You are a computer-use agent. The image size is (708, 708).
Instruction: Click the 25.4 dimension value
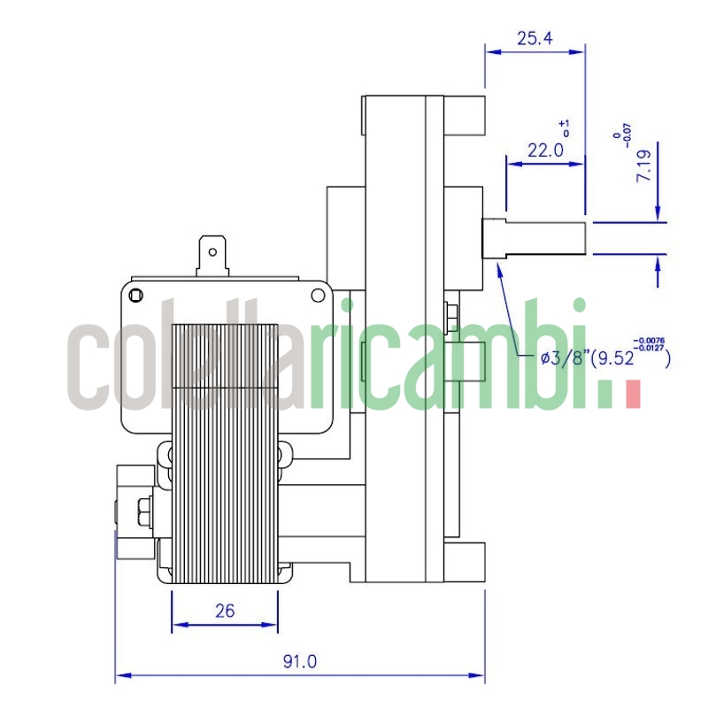pos(535,38)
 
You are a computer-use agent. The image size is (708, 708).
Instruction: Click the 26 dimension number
pos(225,611)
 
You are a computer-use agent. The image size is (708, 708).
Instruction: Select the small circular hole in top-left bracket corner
pos(135,295)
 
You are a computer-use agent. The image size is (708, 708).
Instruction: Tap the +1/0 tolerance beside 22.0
pos(566,127)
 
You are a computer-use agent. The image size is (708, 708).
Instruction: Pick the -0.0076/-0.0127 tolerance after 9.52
pos(650,346)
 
